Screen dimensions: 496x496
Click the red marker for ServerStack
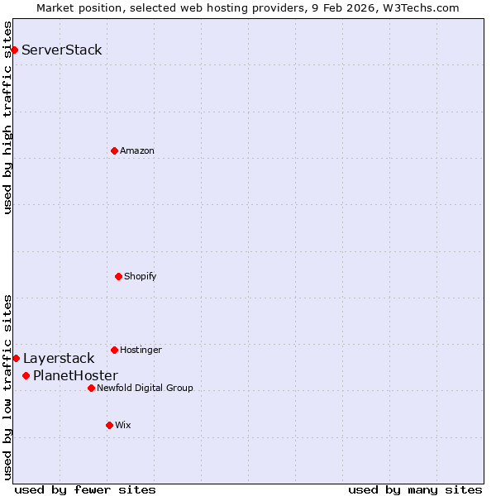14,50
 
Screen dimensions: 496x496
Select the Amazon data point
114,150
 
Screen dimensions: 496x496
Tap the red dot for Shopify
118,276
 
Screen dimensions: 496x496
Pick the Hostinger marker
114,350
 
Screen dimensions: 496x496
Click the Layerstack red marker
16,358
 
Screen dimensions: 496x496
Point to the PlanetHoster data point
26,375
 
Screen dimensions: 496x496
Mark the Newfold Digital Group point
91,388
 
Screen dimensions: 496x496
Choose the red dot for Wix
109,425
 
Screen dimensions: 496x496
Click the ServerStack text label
62,50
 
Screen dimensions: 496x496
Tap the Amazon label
137,150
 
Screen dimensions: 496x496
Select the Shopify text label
141,276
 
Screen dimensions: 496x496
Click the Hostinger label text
141,350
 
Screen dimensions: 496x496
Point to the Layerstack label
59,359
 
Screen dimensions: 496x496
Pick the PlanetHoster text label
75,376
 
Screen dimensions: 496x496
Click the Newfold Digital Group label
145,388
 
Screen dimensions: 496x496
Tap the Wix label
123,425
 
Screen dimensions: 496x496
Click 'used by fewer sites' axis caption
85,489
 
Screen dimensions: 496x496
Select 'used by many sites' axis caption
415,489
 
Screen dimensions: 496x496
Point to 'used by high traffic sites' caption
8,117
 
